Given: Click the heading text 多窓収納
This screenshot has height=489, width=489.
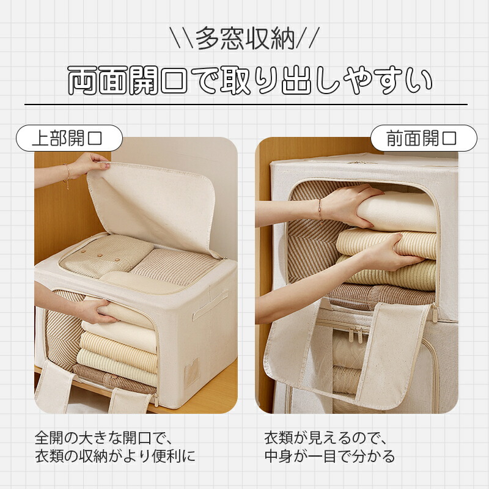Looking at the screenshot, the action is coord(245,39).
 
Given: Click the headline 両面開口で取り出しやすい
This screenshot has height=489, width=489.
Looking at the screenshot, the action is coord(250,80).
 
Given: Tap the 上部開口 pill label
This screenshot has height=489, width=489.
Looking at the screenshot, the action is coord(69,138).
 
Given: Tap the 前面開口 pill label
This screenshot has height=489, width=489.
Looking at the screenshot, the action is coord(424,138).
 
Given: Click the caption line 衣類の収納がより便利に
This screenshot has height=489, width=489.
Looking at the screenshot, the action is coord(115,456).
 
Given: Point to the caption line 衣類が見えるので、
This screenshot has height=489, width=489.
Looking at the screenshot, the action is coord(326,438).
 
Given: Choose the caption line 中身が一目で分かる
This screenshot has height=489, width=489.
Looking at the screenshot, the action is coord(329,456).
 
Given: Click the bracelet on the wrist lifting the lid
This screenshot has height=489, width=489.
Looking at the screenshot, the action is coord(67,175).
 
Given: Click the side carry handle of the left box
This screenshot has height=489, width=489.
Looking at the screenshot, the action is coord(210,305).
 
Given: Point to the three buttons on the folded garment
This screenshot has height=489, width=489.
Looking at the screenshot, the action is coord(100,256).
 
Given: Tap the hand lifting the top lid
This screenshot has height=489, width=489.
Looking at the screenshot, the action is coord(90,166).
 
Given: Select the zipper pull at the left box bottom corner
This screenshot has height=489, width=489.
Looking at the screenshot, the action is coord(155,400).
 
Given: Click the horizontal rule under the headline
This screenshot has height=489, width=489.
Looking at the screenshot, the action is coord(246,104).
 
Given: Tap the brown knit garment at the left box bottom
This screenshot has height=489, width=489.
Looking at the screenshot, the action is coord(116,378).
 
